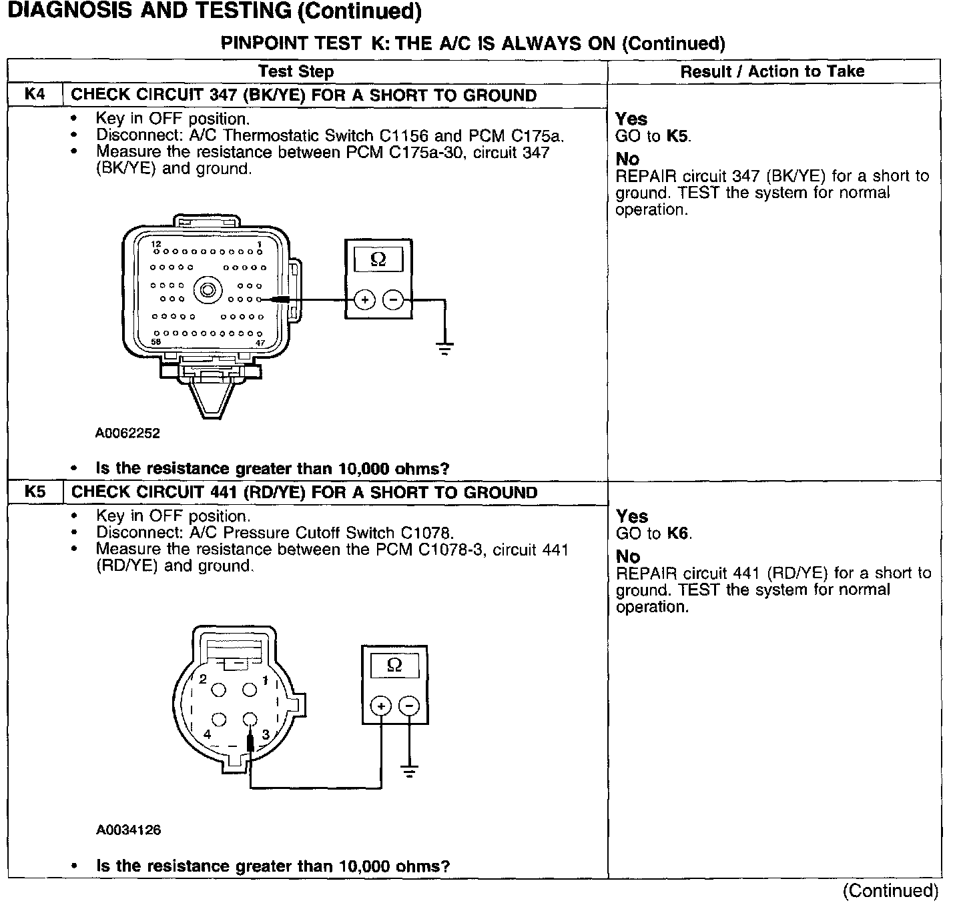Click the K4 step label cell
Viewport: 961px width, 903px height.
click(x=35, y=95)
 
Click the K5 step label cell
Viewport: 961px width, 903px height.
click(x=35, y=492)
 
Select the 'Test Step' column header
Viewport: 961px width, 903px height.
click(x=296, y=71)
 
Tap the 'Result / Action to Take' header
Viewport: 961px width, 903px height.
click(x=772, y=71)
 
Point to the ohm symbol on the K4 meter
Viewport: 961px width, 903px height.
click(x=378, y=259)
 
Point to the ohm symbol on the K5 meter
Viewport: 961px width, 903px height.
click(x=394, y=666)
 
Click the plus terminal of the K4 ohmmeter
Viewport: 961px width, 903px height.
click(x=364, y=301)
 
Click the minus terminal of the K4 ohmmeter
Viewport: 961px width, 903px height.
click(x=394, y=301)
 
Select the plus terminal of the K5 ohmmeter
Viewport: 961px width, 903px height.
click(x=380, y=706)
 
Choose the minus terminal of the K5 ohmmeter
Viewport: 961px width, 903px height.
click(x=409, y=706)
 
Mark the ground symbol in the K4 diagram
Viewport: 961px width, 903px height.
click(x=445, y=348)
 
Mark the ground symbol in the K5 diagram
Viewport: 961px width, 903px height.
click(x=409, y=772)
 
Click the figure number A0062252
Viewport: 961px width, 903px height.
click(x=127, y=433)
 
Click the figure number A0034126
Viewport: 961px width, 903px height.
click(x=128, y=830)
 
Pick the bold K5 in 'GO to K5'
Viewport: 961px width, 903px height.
click(x=678, y=137)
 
